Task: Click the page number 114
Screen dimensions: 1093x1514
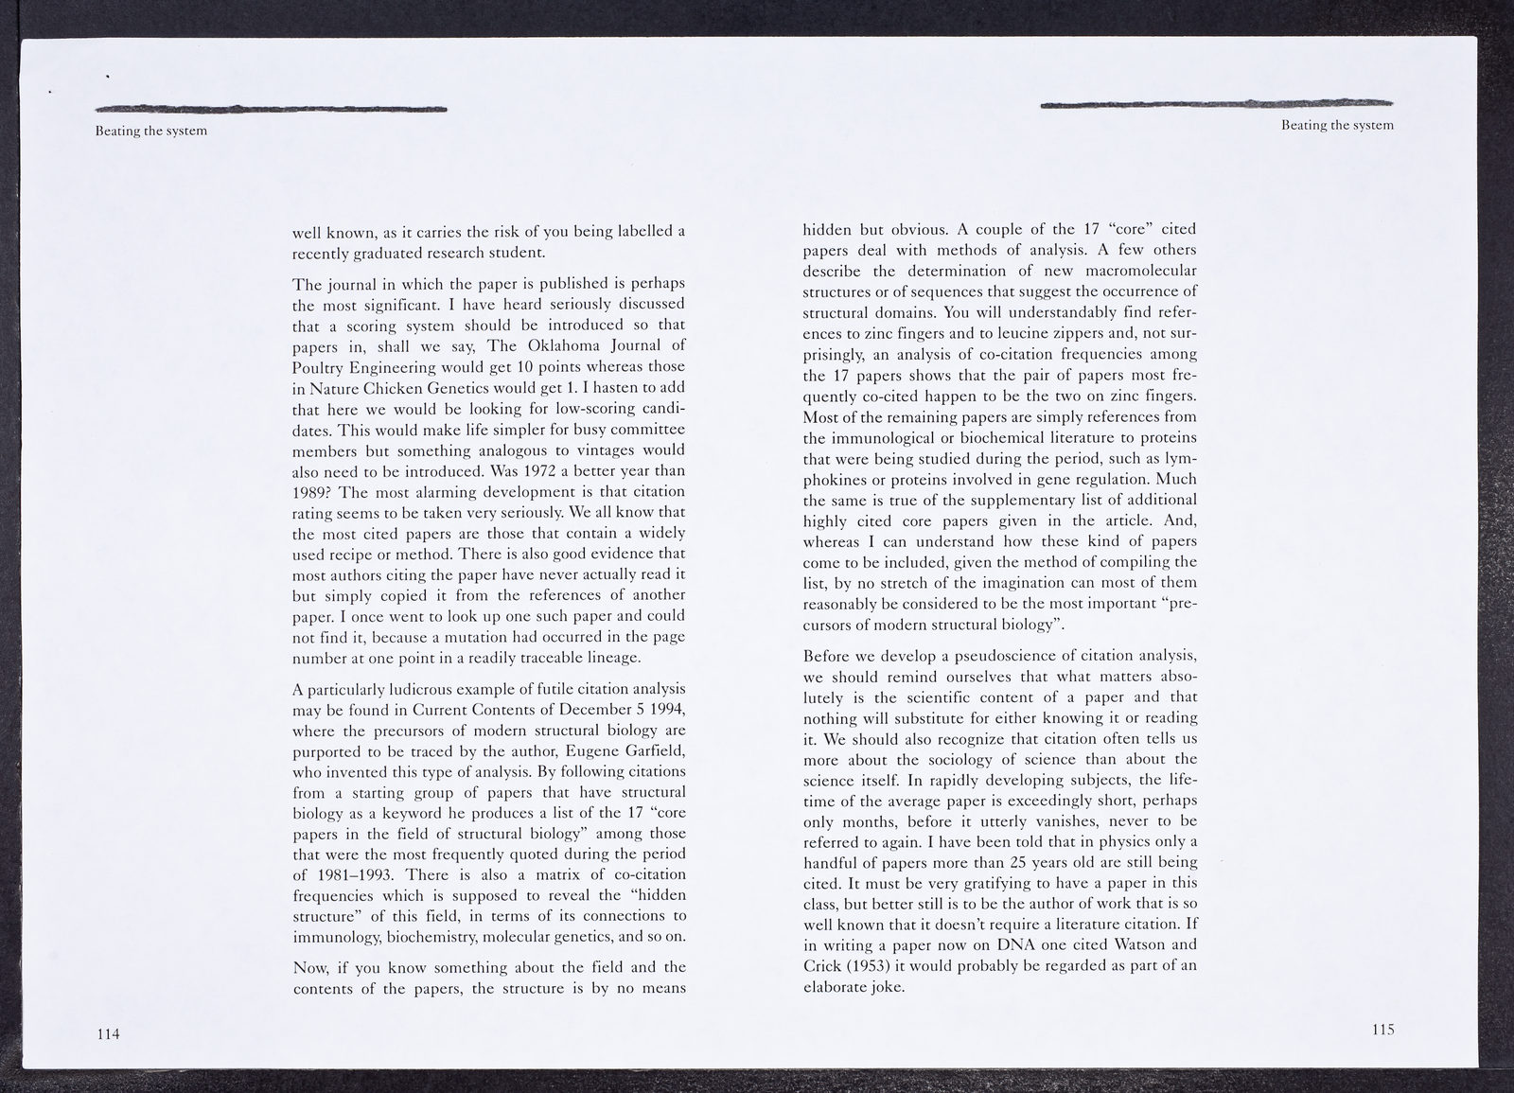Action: point(108,1034)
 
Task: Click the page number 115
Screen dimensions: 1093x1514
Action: point(1382,1030)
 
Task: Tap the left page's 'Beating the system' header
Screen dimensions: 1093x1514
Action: point(150,131)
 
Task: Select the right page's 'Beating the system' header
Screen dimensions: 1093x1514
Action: point(1337,125)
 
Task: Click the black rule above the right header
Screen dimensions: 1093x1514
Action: point(1217,103)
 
